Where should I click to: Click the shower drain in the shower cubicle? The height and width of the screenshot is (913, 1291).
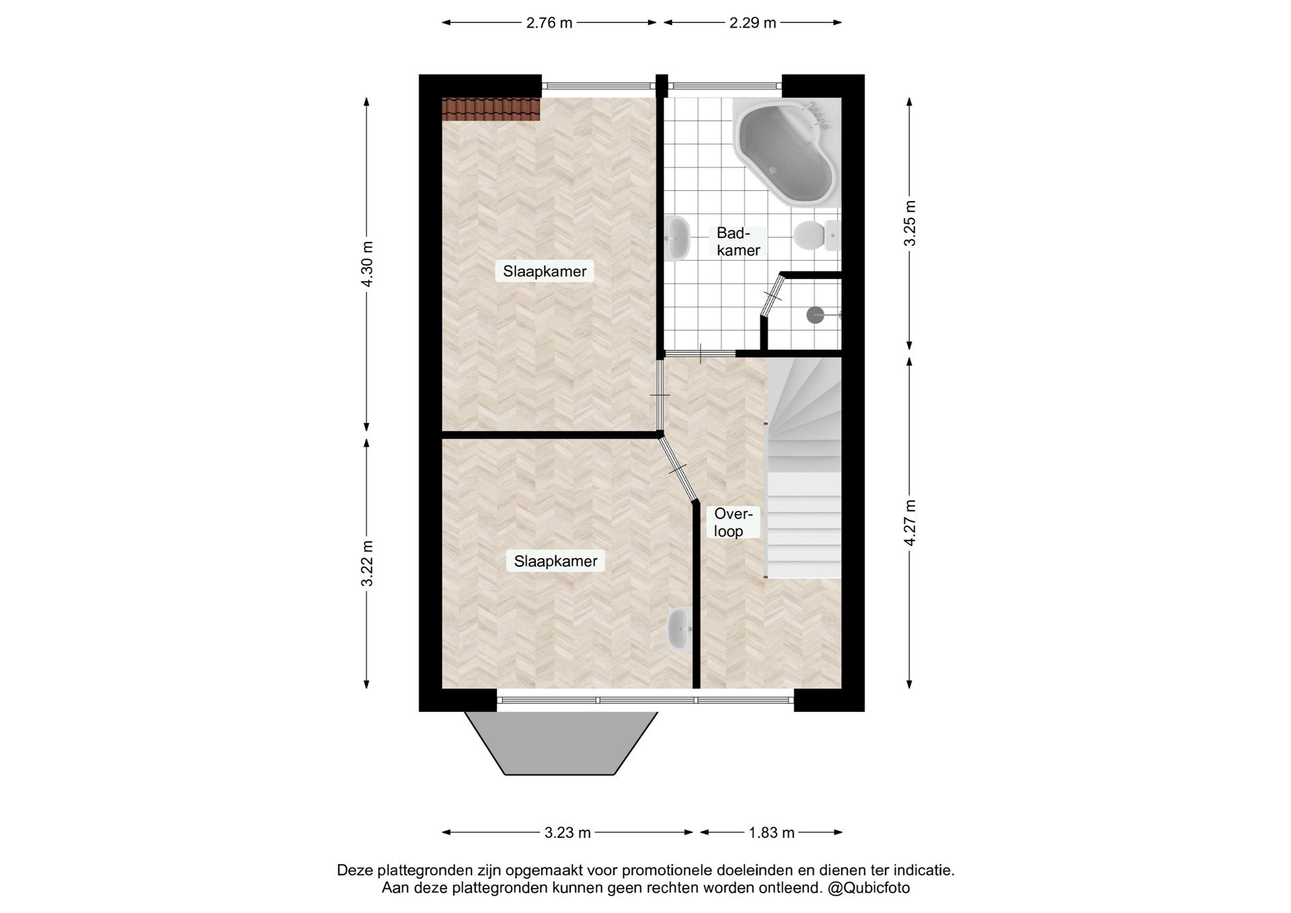click(816, 314)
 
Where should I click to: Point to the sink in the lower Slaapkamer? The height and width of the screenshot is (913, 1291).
click(680, 629)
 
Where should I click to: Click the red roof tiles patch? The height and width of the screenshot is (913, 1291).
click(491, 109)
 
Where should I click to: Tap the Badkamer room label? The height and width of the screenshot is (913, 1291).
click(738, 241)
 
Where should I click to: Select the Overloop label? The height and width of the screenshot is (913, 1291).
click(732, 522)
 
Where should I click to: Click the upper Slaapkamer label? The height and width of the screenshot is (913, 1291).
click(545, 272)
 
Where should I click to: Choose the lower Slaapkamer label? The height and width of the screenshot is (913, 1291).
click(555, 561)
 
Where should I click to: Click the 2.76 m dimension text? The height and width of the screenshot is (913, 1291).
click(549, 23)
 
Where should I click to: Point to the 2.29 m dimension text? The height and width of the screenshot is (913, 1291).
click(753, 23)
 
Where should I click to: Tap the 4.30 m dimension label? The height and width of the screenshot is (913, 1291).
click(366, 264)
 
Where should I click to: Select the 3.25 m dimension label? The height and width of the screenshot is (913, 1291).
click(909, 223)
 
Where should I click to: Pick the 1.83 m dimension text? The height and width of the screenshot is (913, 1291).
click(772, 833)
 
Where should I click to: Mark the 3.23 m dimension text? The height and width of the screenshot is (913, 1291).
click(568, 833)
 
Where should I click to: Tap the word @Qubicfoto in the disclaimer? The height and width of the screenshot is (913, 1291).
click(869, 888)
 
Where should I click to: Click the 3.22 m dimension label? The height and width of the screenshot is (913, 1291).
click(366, 563)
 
